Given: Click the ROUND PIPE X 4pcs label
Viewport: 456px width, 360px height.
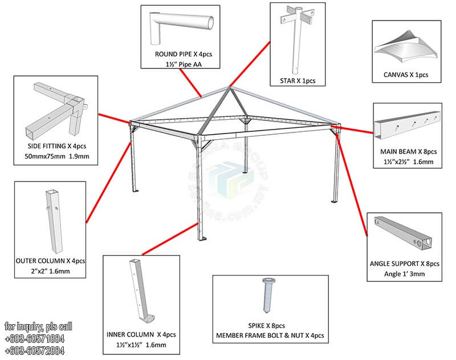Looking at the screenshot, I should coord(178,54).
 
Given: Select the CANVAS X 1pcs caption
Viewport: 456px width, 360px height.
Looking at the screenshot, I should coord(406,75).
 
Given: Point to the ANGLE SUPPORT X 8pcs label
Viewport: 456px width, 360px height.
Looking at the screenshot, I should coord(404,264).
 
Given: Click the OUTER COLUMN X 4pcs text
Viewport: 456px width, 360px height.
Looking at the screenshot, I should coord(51,261).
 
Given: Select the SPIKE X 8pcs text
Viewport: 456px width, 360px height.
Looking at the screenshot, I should coord(270,325).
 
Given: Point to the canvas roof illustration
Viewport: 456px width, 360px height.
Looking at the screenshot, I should coord(406,48).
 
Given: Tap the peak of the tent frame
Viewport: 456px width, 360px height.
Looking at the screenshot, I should coord(229,87).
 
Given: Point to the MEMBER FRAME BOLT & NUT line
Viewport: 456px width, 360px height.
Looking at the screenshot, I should coord(270,335).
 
